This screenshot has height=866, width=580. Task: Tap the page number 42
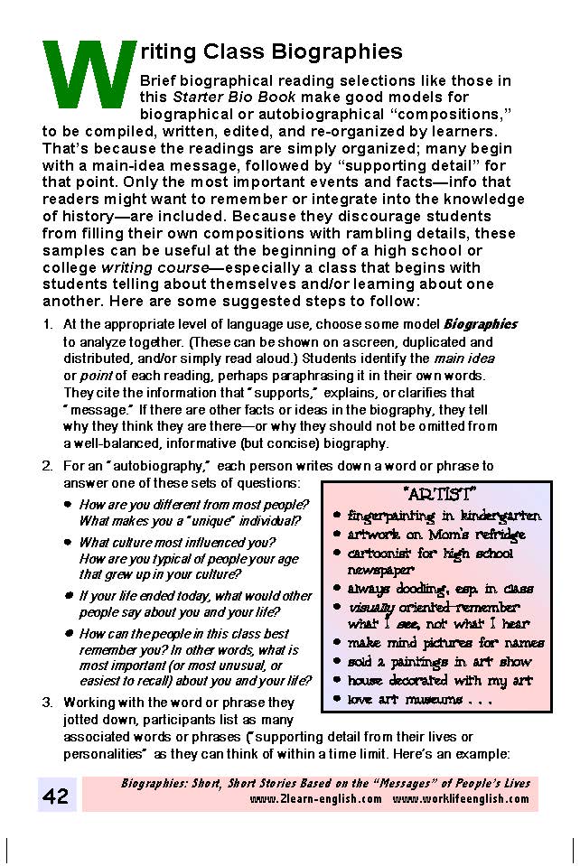pyautogui.click(x=56, y=796)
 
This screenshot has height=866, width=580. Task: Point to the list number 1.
pyautogui.click(x=47, y=324)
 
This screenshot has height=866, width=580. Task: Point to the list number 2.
pyautogui.click(x=47, y=467)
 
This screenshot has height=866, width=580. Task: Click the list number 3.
pyautogui.click(x=47, y=702)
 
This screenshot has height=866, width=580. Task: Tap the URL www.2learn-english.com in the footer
pyautogui.click(x=315, y=800)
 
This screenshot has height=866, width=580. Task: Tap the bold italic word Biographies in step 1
pyautogui.click(x=480, y=324)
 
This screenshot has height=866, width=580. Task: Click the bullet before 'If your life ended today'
pyautogui.click(x=69, y=597)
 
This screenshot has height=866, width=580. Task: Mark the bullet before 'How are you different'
pyautogui.click(x=69, y=504)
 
